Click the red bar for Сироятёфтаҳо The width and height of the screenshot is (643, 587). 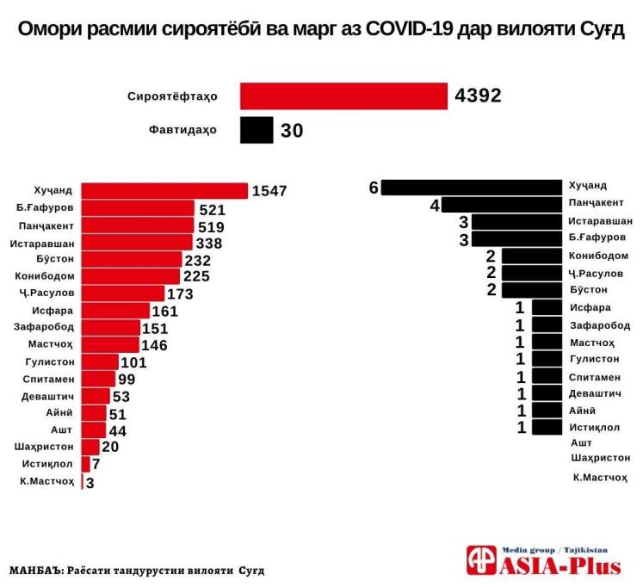[343, 96]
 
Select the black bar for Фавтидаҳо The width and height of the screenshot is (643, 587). [257, 131]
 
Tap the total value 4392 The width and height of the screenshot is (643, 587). [478, 96]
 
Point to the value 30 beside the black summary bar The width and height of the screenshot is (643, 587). [292, 131]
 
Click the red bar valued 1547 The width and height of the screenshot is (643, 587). [164, 191]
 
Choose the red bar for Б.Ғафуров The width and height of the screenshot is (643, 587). [137, 209]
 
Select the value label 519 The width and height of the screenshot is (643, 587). [211, 226]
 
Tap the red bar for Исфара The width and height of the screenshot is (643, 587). [113, 311]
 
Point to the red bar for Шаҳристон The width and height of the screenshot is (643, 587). [90, 446]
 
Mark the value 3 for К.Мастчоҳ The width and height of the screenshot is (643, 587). [90, 483]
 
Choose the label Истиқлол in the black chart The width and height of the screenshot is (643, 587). [593, 427]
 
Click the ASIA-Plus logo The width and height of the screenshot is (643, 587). [543, 560]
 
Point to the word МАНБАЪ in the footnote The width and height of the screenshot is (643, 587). [37, 570]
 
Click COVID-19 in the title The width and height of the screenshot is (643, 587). [412, 29]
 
